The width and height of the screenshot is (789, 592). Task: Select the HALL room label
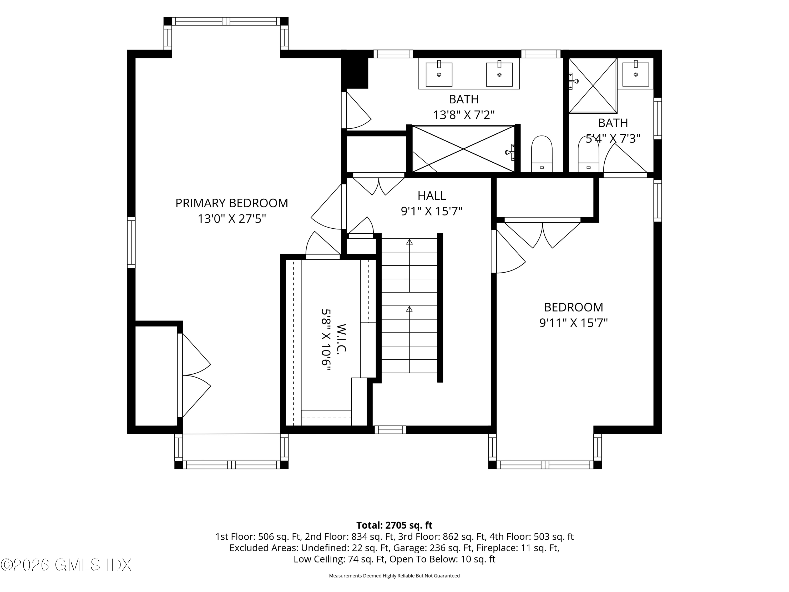pyautogui.click(x=432, y=195)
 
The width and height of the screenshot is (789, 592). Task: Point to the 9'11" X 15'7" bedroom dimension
pyautogui.click(x=573, y=323)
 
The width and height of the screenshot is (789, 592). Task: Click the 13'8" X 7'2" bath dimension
pyautogui.click(x=464, y=115)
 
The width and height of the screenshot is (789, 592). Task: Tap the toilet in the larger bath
pyautogui.click(x=542, y=154)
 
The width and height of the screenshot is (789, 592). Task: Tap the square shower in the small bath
pyautogui.click(x=593, y=86)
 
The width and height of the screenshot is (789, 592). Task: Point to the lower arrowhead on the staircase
pyautogui.click(x=409, y=309)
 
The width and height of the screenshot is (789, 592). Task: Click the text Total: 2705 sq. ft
pyautogui.click(x=394, y=525)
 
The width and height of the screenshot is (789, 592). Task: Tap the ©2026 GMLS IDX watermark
pyautogui.click(x=66, y=565)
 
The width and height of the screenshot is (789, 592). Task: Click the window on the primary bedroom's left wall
pyautogui.click(x=131, y=242)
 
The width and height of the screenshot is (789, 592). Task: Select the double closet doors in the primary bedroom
pyautogui.click(x=194, y=375)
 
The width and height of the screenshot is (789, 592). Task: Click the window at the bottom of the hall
pyautogui.click(x=390, y=430)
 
